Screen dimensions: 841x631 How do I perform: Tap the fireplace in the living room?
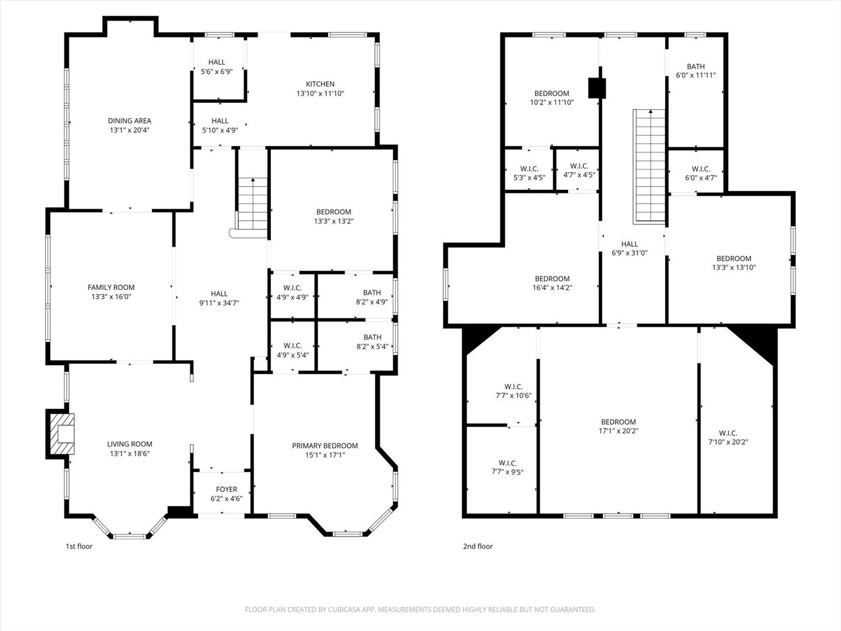coord(62,434)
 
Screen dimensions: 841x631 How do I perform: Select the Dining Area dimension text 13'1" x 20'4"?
coord(130,130)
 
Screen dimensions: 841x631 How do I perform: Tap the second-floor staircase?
coord(649,167)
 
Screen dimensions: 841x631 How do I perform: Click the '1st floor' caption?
coord(79,546)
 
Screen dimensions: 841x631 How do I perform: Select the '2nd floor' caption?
coord(478,546)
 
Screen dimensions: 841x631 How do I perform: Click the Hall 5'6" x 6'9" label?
coord(217,67)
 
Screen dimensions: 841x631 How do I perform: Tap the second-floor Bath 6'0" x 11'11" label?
coord(696,71)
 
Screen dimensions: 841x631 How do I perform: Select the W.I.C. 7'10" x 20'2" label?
coord(728,438)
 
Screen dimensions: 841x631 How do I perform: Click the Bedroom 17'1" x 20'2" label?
coord(618,426)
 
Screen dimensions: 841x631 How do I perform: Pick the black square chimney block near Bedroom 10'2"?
coord(597,88)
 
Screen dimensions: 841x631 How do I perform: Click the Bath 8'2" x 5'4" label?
coord(373,342)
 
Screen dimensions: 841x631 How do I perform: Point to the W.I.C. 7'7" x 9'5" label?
coord(508,467)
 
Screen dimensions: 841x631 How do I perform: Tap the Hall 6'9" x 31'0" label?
coord(630,248)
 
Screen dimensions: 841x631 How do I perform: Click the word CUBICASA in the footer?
coord(344,609)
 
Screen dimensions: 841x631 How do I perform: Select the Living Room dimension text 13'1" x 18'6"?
coord(130,453)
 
